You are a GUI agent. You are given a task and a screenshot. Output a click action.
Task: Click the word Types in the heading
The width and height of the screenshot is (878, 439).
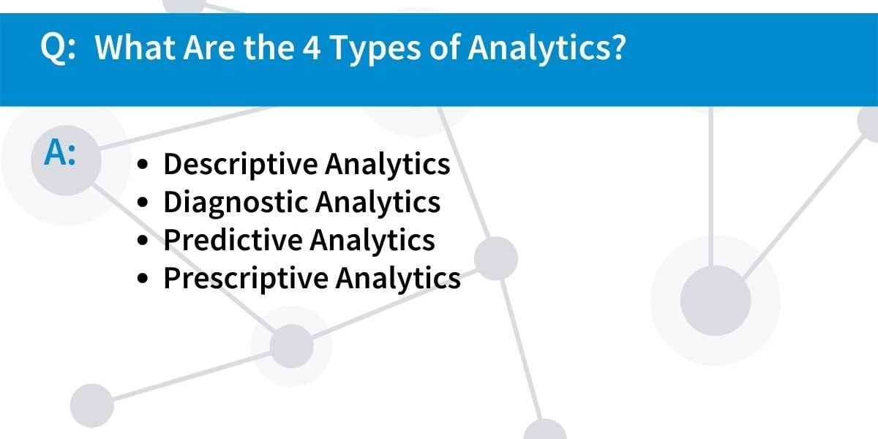pyautogui.click(x=375, y=50)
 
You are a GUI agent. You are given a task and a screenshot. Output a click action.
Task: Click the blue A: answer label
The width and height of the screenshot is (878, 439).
pyautogui.click(x=60, y=153)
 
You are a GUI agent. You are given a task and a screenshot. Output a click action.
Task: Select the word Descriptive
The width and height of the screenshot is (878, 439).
pyautogui.click(x=241, y=165)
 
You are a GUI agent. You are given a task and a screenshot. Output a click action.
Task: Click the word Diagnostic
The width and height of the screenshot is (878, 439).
pyautogui.click(x=236, y=203)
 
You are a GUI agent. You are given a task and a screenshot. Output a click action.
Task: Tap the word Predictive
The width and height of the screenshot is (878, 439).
pyautogui.click(x=233, y=240)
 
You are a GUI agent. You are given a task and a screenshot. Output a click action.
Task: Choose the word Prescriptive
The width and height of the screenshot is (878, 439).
pyautogui.click(x=246, y=279)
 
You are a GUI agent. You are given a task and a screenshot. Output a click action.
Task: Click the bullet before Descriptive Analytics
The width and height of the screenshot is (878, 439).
pyautogui.click(x=143, y=165)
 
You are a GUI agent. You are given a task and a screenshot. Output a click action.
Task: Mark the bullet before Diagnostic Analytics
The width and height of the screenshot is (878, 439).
pyautogui.click(x=143, y=203)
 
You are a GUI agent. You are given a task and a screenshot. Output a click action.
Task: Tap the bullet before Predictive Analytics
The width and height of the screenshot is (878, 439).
pyautogui.click(x=143, y=241)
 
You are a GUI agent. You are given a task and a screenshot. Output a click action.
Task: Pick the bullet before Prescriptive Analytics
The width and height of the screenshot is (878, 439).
pyautogui.click(x=143, y=278)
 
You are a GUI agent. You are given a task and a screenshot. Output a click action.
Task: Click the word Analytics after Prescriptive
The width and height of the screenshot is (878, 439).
pyautogui.click(x=398, y=279)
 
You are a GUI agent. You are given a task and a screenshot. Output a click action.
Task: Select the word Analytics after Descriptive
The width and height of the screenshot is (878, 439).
pyautogui.click(x=388, y=165)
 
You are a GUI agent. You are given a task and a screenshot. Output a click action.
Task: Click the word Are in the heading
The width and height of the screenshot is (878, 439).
pyautogui.click(x=209, y=48)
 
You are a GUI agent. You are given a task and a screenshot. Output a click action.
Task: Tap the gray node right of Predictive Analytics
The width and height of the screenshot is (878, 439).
pyautogui.click(x=496, y=258)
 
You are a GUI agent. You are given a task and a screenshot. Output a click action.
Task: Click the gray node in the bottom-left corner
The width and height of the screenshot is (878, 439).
pyautogui.click(x=92, y=405)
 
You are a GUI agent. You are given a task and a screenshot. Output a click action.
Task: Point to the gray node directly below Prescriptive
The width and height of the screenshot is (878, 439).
pyautogui.click(x=292, y=346)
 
